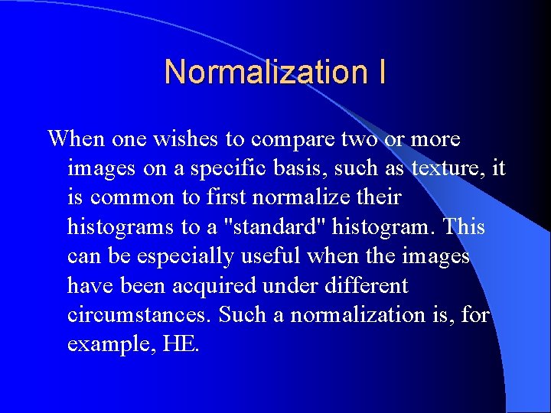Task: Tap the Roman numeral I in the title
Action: (x=381, y=72)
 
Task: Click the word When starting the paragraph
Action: (x=76, y=139)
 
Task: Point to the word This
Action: (x=465, y=227)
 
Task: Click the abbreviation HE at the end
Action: (x=181, y=344)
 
